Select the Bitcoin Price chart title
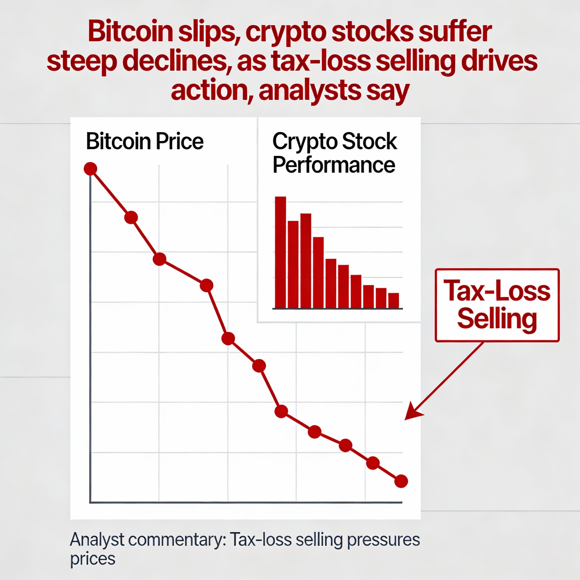point(145,141)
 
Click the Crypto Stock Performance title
point(334,153)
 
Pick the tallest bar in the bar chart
point(280,252)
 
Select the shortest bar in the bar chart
point(393,300)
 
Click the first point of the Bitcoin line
point(90,169)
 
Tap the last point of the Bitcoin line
point(401,481)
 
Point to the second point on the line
point(131,217)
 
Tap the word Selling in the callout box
point(497,320)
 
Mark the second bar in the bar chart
point(293,265)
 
